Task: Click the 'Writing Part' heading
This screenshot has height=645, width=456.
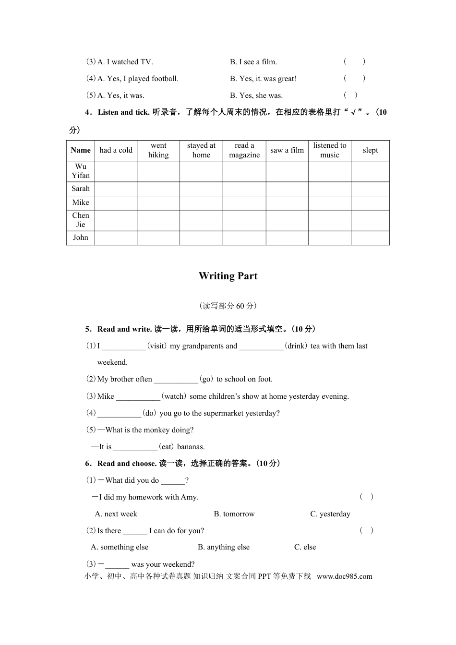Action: [x=228, y=276]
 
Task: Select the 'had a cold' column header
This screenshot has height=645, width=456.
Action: [x=116, y=150]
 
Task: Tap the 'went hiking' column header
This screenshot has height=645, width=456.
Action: [x=158, y=150]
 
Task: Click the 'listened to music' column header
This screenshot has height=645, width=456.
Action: [x=329, y=150]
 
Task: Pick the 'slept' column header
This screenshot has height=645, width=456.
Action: [x=370, y=150]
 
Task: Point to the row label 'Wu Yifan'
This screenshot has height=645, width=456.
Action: [x=81, y=171]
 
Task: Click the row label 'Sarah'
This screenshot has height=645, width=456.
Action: [x=81, y=189]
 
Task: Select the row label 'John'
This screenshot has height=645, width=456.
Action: [x=81, y=238]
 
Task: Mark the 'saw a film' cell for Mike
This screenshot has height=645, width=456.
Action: [x=287, y=203]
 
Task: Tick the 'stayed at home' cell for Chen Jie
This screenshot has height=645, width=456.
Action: [x=201, y=220]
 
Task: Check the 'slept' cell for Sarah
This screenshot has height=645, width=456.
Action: [x=370, y=189]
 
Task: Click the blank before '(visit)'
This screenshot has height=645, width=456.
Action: [x=123, y=346]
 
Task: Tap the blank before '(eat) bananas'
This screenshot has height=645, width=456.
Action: [x=135, y=447]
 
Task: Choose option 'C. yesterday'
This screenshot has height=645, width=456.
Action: [x=330, y=514]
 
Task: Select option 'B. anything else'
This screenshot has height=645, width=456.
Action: [x=224, y=547]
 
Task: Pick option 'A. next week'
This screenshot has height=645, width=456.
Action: [x=116, y=514]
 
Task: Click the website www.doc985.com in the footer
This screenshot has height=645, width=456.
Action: [x=344, y=576]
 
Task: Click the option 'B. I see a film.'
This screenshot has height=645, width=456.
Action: [x=253, y=62]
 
